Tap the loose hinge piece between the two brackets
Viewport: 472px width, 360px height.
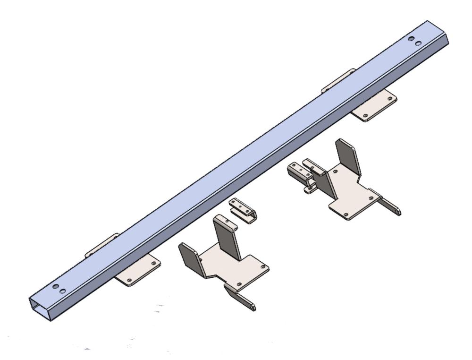243,209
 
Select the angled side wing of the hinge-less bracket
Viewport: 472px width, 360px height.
190,258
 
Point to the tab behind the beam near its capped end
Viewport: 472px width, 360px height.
339,79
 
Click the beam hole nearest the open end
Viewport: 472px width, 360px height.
56,287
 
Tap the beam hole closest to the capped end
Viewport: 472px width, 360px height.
418,43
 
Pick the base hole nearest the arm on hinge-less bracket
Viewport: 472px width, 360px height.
239,284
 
